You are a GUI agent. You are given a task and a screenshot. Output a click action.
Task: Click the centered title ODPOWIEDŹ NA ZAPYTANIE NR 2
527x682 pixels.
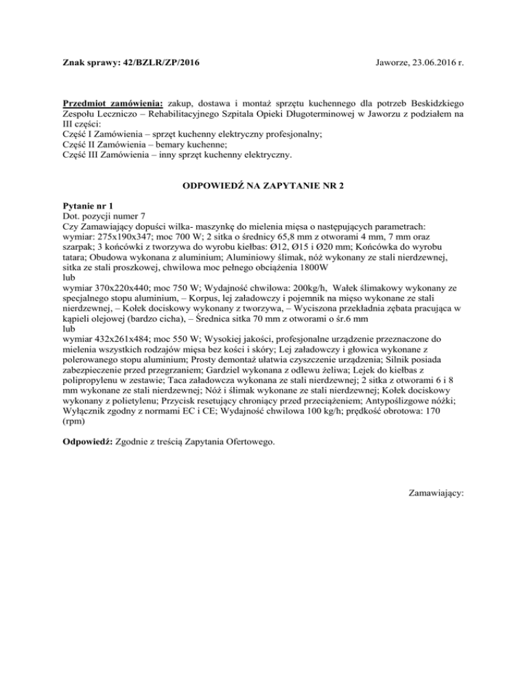point(263,186)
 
